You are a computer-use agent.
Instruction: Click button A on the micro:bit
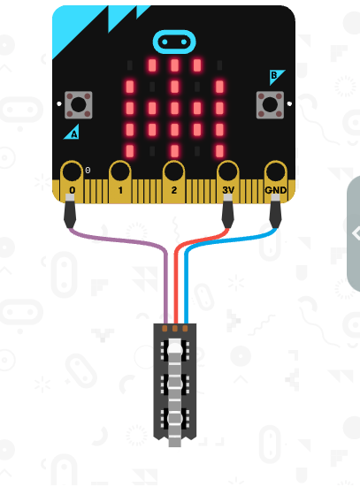pyautogui.click(x=79, y=105)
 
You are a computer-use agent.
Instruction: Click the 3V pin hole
pyautogui.click(x=228, y=171)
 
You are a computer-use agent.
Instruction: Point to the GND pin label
pyautogui.click(x=275, y=190)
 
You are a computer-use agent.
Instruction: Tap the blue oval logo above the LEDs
pyautogui.click(x=174, y=42)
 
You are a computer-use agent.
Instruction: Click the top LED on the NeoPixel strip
pyautogui.click(x=175, y=350)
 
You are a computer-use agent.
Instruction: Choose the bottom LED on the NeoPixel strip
pyautogui.click(x=175, y=419)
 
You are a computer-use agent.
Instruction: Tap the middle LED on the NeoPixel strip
pyautogui.click(x=175, y=384)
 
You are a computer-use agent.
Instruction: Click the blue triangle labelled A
pyautogui.click(x=73, y=133)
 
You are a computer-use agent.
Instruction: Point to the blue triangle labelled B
pyautogui.click(x=275, y=76)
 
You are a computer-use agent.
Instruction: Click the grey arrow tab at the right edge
pyautogui.click(x=354, y=233)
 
